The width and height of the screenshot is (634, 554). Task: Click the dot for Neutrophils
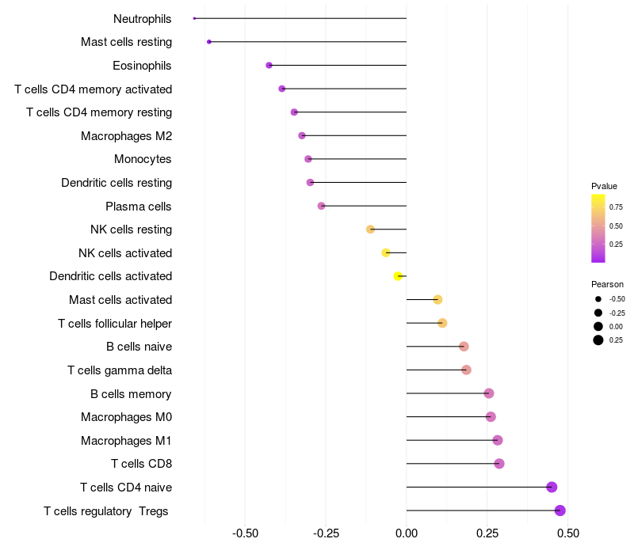[194, 18]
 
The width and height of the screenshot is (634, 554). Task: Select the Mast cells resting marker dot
[209, 42]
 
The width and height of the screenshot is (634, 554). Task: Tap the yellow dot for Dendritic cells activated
[398, 276]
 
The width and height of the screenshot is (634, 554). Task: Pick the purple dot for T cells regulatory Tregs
[560, 510]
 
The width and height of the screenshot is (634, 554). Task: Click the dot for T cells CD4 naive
[552, 487]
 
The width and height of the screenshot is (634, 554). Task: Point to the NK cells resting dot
[370, 230]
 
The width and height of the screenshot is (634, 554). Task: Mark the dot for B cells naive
[464, 347]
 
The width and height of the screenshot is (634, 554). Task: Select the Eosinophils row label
[142, 66]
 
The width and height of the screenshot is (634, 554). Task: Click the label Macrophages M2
[127, 135]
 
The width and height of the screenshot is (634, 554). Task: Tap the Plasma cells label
[138, 207]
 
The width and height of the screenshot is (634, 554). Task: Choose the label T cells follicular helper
[115, 324]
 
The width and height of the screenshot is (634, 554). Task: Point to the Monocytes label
[143, 159]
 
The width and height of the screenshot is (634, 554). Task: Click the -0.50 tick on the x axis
[245, 533]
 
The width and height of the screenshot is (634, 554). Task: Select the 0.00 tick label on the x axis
[407, 533]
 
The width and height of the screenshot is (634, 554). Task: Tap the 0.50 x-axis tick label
[568, 533]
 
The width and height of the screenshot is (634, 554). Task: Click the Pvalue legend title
[604, 186]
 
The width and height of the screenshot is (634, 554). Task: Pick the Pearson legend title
[607, 284]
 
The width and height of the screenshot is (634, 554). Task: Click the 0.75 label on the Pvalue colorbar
[616, 207]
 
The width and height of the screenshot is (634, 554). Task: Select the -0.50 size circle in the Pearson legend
[598, 299]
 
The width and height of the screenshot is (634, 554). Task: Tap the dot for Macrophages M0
[491, 417]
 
